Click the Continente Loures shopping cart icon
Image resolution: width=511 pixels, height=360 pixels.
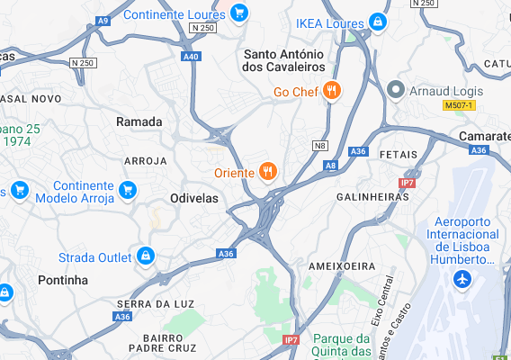238,13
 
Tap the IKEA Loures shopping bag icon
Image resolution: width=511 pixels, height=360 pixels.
378,22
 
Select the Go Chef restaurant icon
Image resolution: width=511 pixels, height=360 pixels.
332,91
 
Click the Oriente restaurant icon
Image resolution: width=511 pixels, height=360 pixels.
267,172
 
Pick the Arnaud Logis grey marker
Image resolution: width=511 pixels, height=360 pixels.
396,91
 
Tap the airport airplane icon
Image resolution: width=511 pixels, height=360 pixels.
462,279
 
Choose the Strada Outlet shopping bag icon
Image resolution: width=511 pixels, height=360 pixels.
145,257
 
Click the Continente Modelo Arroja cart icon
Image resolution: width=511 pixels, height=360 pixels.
128,190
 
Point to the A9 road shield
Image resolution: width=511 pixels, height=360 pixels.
103,20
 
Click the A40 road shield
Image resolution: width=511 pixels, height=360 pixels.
190,57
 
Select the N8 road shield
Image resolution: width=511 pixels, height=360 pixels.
320,145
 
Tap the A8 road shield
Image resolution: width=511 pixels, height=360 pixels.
331,166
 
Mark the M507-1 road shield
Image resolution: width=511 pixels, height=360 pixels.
459,106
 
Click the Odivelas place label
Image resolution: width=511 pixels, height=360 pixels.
194,199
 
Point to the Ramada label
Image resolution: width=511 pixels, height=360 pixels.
139,121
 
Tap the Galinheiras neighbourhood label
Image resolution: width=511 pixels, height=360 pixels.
367,196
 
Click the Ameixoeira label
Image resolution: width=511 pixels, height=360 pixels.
341,266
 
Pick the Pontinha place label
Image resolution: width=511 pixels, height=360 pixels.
64,281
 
